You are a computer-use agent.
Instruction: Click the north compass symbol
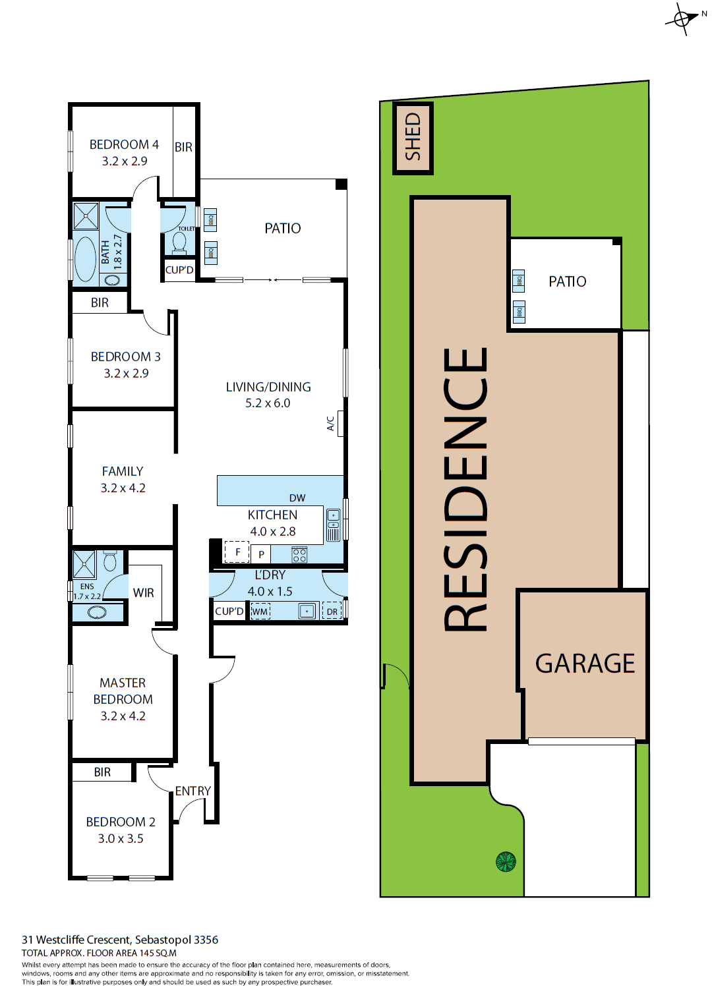click(x=683, y=18)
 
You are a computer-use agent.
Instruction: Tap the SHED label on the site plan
click(x=413, y=137)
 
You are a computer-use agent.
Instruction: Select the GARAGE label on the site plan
click(x=585, y=663)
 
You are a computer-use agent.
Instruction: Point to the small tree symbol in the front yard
click(x=506, y=861)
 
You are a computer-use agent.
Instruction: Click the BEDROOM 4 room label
click(x=124, y=144)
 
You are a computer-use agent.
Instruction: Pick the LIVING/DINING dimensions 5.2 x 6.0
click(x=268, y=403)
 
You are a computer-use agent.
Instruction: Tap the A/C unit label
click(x=331, y=423)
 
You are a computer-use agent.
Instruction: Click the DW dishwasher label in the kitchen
click(x=297, y=498)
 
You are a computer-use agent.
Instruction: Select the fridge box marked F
click(x=237, y=552)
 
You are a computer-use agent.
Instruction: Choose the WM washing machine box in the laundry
click(x=260, y=612)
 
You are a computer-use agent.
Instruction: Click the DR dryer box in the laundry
click(x=332, y=612)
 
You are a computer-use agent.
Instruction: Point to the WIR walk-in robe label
click(x=143, y=592)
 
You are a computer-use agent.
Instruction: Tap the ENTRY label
click(x=193, y=791)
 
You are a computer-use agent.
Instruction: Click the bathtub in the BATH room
click(x=86, y=259)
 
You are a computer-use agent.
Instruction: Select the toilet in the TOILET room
click(x=179, y=242)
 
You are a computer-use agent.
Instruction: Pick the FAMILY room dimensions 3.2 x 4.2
click(x=123, y=488)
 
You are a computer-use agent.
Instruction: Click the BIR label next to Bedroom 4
click(x=183, y=147)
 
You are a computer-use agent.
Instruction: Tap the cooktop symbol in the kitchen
click(x=299, y=554)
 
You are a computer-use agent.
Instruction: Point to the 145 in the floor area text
click(x=147, y=953)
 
